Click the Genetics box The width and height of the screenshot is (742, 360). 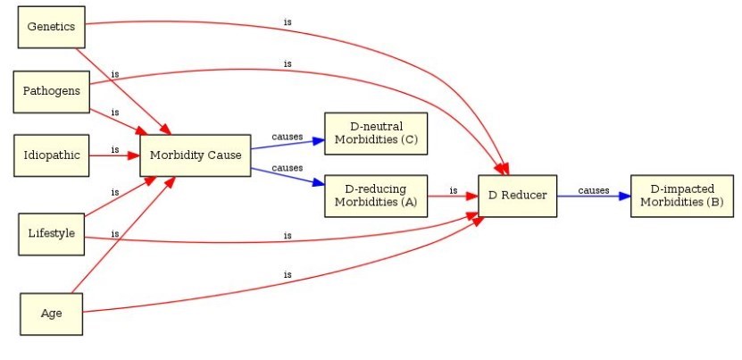(x=52, y=27)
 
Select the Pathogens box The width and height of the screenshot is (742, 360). (x=51, y=91)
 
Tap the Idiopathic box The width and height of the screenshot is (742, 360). (x=52, y=155)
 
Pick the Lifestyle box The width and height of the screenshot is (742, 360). (x=52, y=234)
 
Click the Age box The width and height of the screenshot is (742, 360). (x=51, y=313)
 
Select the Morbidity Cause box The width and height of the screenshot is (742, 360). (x=195, y=155)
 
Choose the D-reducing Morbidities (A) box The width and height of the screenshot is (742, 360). (x=375, y=195)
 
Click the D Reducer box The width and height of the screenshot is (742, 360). (x=517, y=195)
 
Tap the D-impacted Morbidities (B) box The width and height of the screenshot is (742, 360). (x=681, y=195)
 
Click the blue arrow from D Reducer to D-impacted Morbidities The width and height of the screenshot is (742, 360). (x=594, y=195)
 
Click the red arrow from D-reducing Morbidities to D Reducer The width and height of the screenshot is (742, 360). (x=453, y=195)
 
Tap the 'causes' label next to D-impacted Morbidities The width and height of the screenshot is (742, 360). (x=593, y=189)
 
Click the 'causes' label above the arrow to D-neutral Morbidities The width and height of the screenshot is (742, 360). (x=287, y=136)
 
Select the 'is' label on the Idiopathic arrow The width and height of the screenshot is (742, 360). (x=115, y=149)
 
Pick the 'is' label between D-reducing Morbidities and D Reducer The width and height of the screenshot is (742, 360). (x=453, y=189)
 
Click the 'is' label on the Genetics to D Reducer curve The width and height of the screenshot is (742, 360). (x=287, y=21)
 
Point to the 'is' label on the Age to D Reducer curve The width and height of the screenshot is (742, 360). (x=287, y=274)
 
